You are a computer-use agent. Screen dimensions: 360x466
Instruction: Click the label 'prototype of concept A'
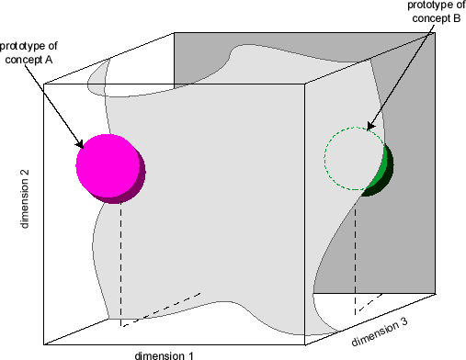(x=28, y=52)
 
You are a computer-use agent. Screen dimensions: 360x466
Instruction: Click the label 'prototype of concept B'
(x=434, y=12)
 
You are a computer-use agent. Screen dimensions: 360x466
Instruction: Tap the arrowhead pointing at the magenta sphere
(x=81, y=143)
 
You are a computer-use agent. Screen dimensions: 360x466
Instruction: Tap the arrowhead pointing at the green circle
(x=369, y=126)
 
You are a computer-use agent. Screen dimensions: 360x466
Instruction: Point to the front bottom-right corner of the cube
(x=305, y=345)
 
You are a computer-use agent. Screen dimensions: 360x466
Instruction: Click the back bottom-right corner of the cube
(x=434, y=293)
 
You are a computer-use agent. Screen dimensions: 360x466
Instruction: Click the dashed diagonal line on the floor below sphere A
(x=161, y=309)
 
